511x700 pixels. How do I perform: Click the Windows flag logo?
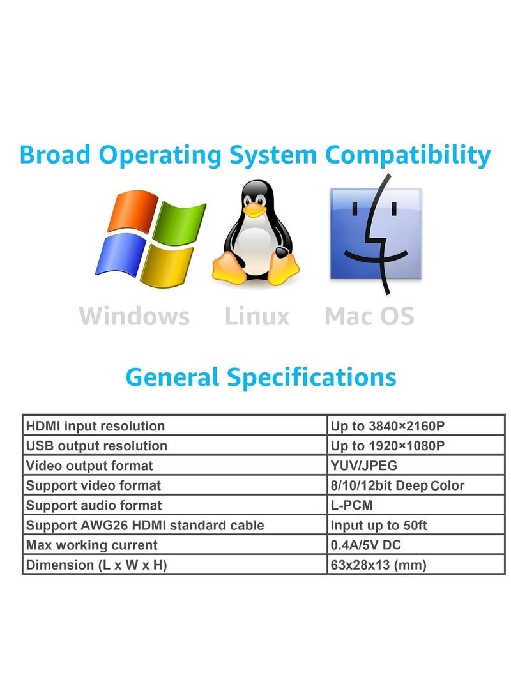(150, 238)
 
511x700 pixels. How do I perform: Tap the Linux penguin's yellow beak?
(255, 209)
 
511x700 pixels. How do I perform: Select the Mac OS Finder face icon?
(376, 234)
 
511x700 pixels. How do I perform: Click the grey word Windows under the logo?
(134, 316)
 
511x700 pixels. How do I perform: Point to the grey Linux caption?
(257, 316)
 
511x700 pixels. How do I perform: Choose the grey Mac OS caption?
(370, 316)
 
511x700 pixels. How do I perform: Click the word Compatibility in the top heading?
(408, 156)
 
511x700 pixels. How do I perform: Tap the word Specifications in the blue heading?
(312, 377)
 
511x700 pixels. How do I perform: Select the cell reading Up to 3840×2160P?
(416, 425)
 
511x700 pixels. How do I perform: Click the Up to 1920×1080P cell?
(416, 446)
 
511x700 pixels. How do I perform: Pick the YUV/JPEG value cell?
(416, 465)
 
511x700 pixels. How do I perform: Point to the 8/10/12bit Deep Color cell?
(416, 485)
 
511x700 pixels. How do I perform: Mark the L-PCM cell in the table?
(416, 505)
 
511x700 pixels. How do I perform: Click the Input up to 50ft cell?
(416, 525)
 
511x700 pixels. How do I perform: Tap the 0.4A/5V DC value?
(366, 545)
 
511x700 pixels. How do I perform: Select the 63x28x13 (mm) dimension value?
(378, 565)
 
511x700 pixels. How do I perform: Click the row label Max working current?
(91, 545)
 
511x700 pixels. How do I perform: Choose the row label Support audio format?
(94, 505)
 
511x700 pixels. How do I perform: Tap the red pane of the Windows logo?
(133, 211)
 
